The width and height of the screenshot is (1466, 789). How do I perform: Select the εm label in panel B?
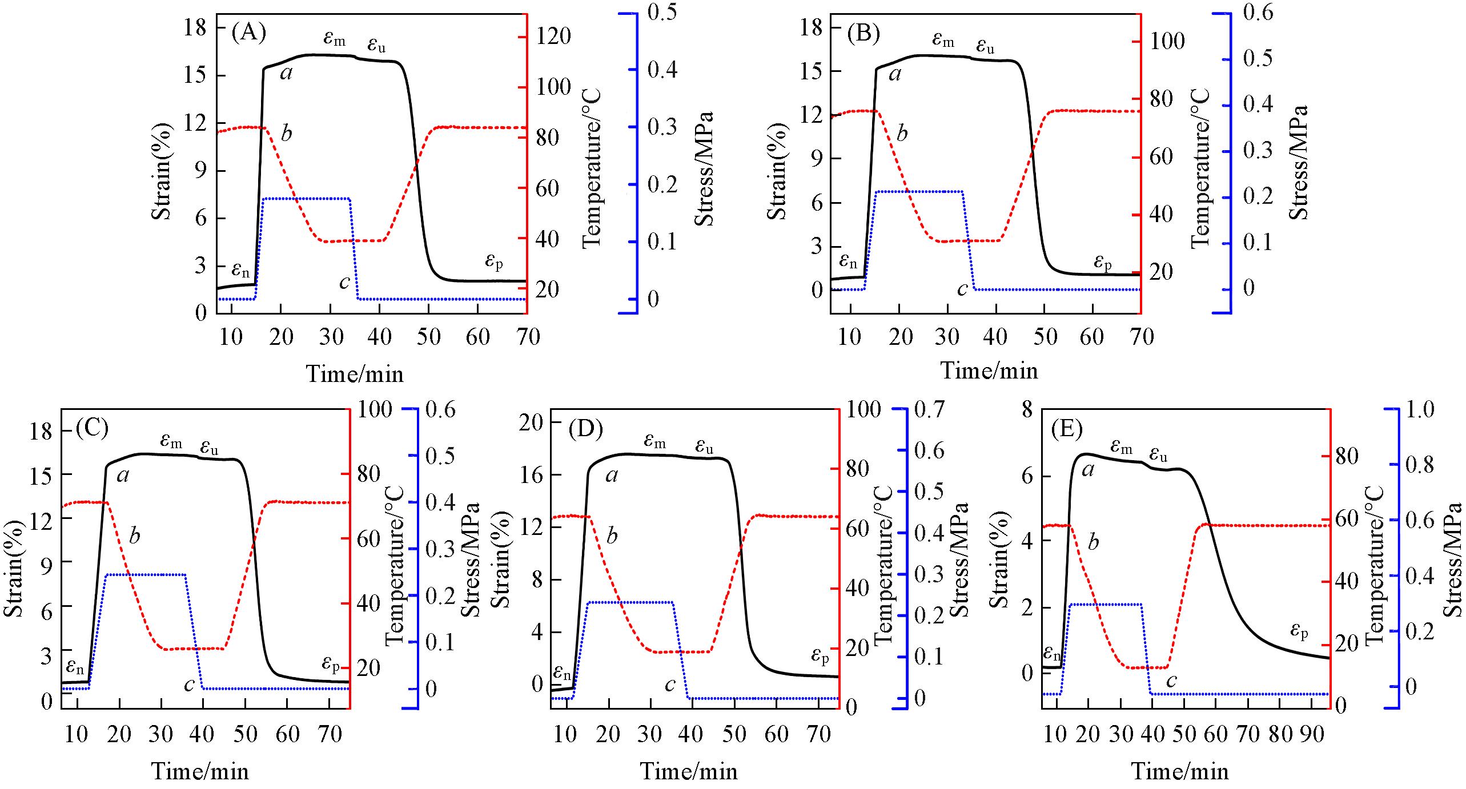click(943, 39)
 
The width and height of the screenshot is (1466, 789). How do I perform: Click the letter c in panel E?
click(1171, 681)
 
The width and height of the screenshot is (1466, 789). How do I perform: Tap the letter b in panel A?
click(286, 134)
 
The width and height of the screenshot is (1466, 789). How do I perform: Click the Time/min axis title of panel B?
click(989, 371)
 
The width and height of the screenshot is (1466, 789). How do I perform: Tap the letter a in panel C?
click(123, 475)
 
